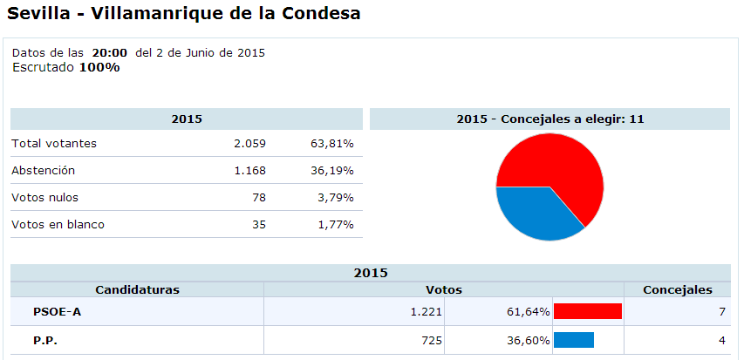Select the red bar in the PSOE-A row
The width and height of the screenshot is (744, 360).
click(x=587, y=311)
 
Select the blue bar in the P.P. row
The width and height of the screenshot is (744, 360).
click(x=573, y=339)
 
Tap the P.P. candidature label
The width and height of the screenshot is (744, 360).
click(x=47, y=339)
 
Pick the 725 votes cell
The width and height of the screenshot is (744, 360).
click(x=431, y=339)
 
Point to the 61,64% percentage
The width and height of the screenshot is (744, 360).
click(x=527, y=311)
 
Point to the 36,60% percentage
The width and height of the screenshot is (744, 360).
click(x=527, y=339)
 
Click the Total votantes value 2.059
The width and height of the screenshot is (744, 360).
click(x=249, y=143)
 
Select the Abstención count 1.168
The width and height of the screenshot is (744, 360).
click(x=249, y=170)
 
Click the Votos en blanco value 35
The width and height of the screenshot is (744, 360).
click(x=258, y=224)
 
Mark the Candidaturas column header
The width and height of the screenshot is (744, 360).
click(x=137, y=289)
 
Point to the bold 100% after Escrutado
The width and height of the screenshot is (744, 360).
click(x=99, y=67)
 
